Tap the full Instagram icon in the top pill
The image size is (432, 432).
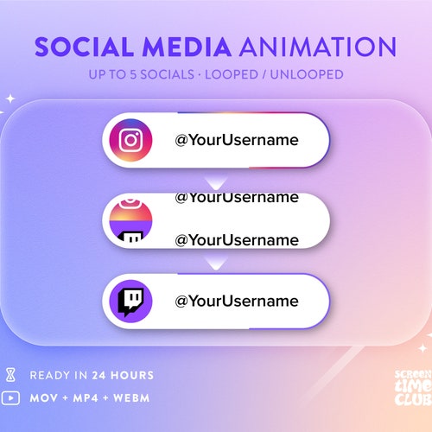tap(130, 140)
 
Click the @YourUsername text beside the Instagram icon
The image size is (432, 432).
tap(236, 140)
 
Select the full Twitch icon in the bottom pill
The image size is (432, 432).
tap(130, 302)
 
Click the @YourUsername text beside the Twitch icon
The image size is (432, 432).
tap(236, 302)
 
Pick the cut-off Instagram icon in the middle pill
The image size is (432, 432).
tap(130, 213)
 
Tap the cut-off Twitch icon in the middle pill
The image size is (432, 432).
tap(130, 237)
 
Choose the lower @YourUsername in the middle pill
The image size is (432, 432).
tap(236, 238)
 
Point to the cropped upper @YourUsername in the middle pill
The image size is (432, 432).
tap(236, 198)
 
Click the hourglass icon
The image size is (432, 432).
tap(11, 375)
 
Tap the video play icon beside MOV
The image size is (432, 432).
tap(11, 398)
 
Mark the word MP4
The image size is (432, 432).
tap(86, 398)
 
